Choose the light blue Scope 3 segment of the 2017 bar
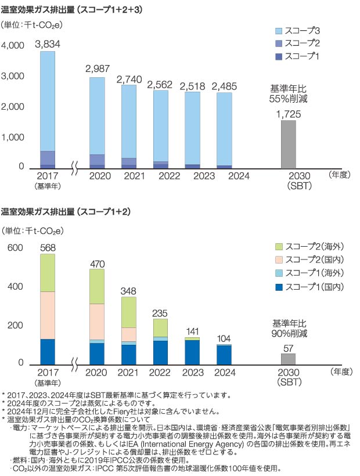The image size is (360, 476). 48,102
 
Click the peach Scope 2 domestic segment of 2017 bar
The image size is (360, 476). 48,315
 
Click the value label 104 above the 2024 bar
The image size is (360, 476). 224,338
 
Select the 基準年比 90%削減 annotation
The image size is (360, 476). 289,329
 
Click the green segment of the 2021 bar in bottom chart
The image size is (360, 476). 128,312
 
